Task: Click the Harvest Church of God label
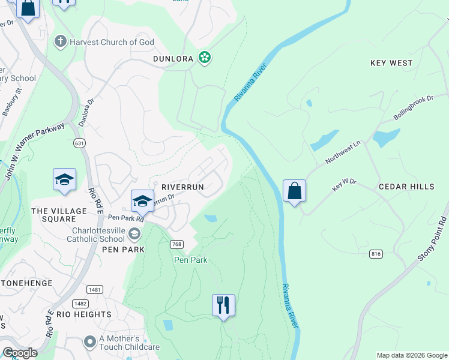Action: pyautogui.click(x=112, y=42)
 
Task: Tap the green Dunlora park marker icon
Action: pyautogui.click(x=205, y=58)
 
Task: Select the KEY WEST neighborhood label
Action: pyautogui.click(x=391, y=63)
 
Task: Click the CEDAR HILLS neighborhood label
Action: pyautogui.click(x=406, y=187)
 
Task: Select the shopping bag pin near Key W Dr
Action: pyautogui.click(x=294, y=191)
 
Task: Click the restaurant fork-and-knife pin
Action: pyautogui.click(x=223, y=305)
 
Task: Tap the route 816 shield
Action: pyautogui.click(x=376, y=254)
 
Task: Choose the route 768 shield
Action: pyautogui.click(x=176, y=244)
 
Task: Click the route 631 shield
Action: pyautogui.click(x=79, y=143)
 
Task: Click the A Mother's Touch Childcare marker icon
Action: pyautogui.click(x=90, y=342)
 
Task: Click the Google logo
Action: pyautogui.click(x=20, y=353)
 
